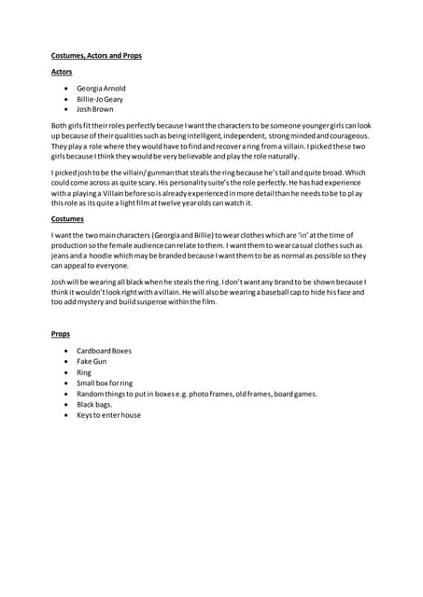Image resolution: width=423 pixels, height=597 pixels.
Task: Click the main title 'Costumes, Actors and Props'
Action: (95, 56)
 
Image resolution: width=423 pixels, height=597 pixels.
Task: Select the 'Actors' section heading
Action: (62, 72)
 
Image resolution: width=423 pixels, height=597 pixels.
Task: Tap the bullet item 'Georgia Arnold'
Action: (102, 89)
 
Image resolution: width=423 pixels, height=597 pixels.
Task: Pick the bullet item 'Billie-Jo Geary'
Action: (100, 99)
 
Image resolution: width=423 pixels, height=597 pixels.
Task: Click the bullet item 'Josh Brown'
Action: (94, 109)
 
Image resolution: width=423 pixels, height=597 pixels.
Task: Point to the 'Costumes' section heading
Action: (67, 219)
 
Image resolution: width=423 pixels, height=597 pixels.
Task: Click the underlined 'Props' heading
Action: (61, 333)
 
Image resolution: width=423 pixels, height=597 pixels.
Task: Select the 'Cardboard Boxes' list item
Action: (104, 351)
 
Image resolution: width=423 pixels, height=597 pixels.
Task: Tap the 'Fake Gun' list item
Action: (92, 361)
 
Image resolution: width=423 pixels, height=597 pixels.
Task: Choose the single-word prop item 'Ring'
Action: (84, 372)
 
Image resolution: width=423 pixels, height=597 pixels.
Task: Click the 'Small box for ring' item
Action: (105, 382)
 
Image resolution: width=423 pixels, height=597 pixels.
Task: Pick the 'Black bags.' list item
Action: (94, 404)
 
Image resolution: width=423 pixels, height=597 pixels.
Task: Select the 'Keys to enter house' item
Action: (108, 415)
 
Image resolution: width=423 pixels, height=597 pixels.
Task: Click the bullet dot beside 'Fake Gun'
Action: (66, 361)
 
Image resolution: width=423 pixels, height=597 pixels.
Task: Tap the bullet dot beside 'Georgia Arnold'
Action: (66, 89)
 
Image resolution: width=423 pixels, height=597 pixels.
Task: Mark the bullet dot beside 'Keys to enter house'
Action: (66, 415)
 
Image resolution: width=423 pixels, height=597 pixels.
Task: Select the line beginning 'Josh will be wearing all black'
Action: (208, 282)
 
